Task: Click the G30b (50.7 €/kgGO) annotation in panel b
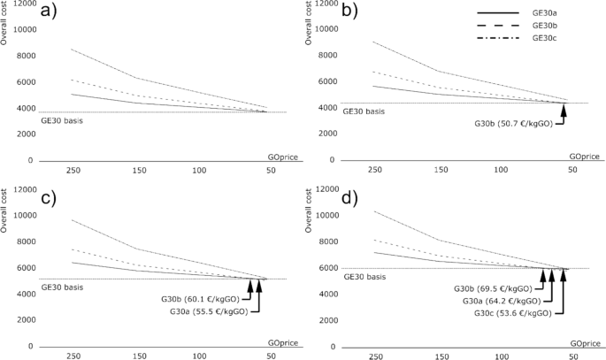point(513,123)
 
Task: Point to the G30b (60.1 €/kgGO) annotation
point(197,298)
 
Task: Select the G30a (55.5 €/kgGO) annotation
point(197,310)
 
